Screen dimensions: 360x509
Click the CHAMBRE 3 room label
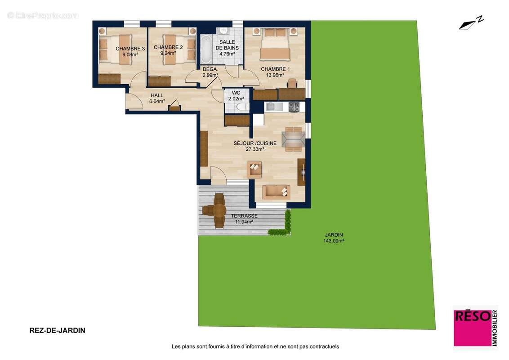coord(130,49)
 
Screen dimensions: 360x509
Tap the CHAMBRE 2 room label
coord(168,47)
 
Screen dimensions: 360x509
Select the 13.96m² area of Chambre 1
coord(275,75)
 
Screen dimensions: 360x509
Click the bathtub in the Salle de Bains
coord(206,49)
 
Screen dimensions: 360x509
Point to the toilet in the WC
coord(241,107)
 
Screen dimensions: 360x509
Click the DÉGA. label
coord(210,69)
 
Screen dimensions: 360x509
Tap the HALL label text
coord(157,95)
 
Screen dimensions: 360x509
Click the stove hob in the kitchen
coord(294,107)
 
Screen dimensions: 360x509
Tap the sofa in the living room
coord(277,192)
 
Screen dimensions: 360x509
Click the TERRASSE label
coord(244,216)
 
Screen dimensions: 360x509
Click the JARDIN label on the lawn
coord(334,235)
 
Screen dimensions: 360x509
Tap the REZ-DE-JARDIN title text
coord(57,330)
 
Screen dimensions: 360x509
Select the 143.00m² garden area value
coord(334,241)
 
